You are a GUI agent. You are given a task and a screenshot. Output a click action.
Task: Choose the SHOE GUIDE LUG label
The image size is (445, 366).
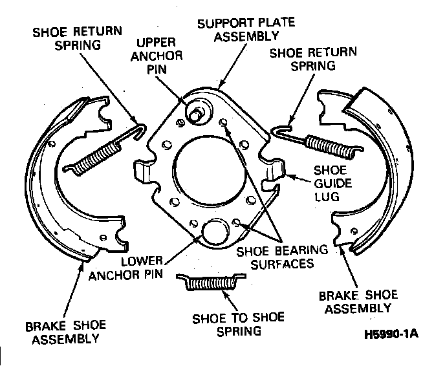332,184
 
